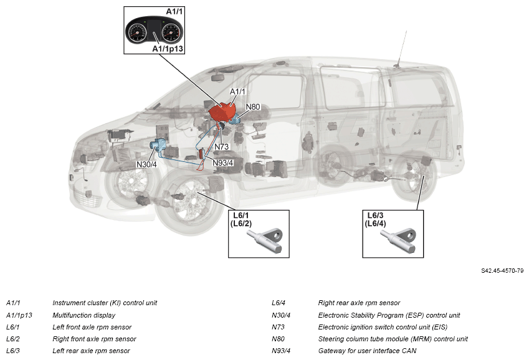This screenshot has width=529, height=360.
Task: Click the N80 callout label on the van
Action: pos(253,107)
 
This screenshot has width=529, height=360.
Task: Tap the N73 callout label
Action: pos(223,147)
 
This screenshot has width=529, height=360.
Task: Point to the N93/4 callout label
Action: pos(222,163)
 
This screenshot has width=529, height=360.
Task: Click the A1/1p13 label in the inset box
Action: pos(167,47)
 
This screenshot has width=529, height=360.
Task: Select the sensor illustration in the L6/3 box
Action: pos(401,238)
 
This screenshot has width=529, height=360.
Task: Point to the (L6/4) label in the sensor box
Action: pos(376,224)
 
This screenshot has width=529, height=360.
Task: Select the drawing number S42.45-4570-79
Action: pos(502,271)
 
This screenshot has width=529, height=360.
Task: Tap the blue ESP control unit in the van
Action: pos(158,146)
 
